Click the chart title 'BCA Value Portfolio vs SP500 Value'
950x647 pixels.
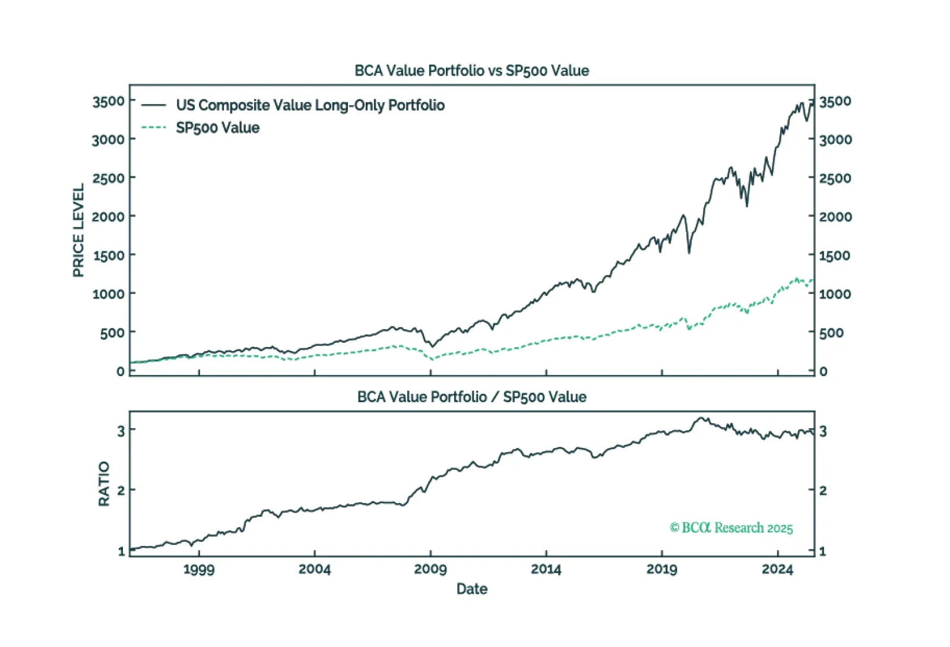pyautogui.click(x=471, y=71)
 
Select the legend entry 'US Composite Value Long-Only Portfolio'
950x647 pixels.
pyautogui.click(x=310, y=105)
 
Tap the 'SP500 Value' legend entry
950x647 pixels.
pyautogui.click(x=217, y=128)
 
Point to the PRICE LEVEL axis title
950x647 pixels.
pyautogui.click(x=78, y=230)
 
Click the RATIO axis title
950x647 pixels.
pyautogui.click(x=104, y=484)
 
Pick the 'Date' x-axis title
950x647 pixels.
pyautogui.click(x=471, y=589)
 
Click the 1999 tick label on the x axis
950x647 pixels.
pyautogui.click(x=199, y=569)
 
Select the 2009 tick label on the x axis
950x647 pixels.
pyautogui.click(x=430, y=569)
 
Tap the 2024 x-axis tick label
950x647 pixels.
pyautogui.click(x=777, y=569)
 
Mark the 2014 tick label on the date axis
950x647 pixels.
pyautogui.click(x=546, y=569)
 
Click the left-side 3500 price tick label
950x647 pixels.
pyautogui.click(x=108, y=102)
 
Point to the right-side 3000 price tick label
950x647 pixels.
pyautogui.click(x=835, y=140)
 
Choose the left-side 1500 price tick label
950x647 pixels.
pyautogui.click(x=108, y=255)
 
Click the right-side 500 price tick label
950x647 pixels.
pyautogui.click(x=831, y=333)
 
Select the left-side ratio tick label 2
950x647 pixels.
pyautogui.click(x=121, y=491)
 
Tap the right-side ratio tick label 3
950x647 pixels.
pyautogui.click(x=823, y=431)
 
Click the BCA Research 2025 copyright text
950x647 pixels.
pyautogui.click(x=731, y=528)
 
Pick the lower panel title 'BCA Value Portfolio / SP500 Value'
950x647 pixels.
pyautogui.click(x=471, y=397)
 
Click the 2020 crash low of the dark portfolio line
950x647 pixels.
pyautogui.click(x=689, y=253)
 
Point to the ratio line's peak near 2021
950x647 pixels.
pyautogui.click(x=702, y=418)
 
